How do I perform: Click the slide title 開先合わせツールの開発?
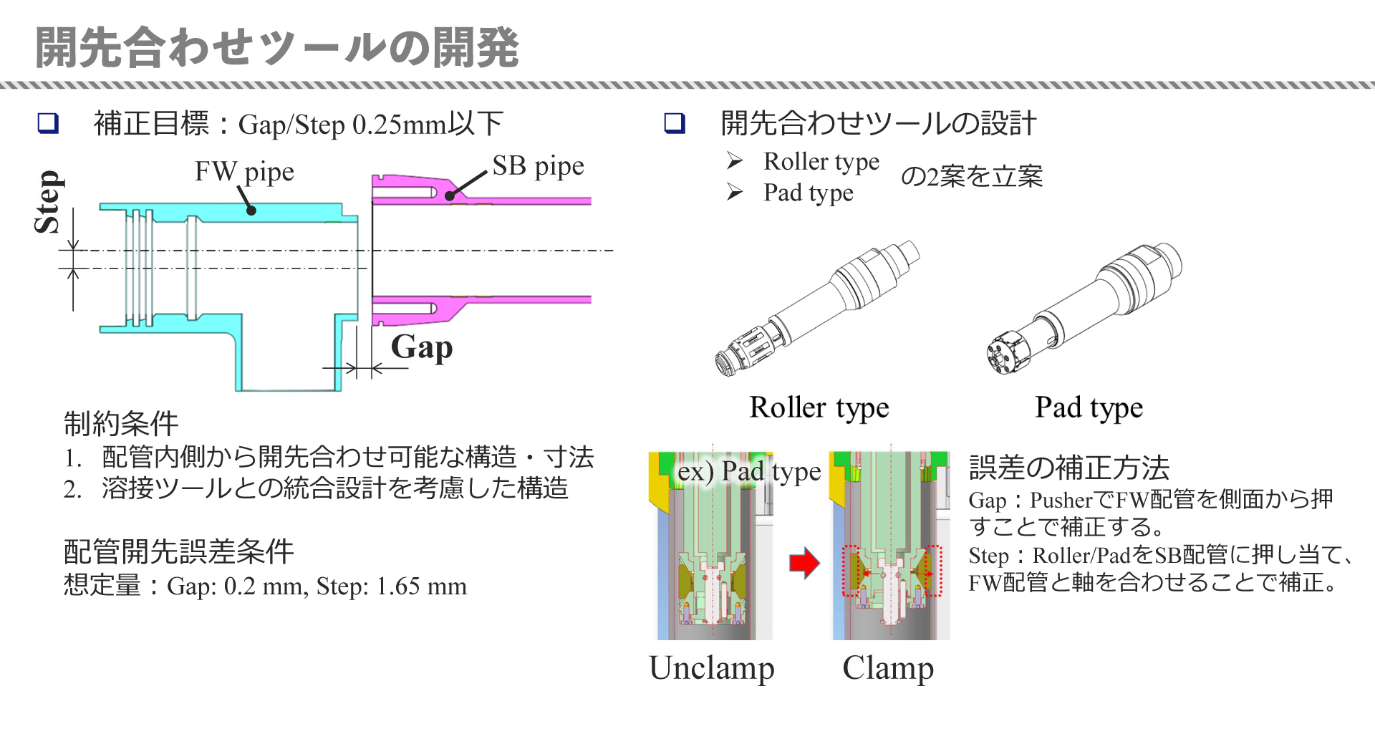(276, 47)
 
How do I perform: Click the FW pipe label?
(244, 172)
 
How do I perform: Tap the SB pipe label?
(538, 166)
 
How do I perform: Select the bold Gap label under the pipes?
(422, 347)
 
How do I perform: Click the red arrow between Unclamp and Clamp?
(804, 563)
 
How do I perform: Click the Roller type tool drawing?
(816, 308)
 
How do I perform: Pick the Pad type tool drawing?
(1084, 308)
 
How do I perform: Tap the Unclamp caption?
(712, 668)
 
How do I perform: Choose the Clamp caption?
(888, 668)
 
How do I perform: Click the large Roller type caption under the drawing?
(819, 407)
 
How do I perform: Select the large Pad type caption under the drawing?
(1089, 407)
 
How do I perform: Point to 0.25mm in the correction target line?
(399, 125)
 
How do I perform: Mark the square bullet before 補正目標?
(48, 123)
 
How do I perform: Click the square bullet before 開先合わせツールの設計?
(675, 123)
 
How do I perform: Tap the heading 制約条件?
(121, 423)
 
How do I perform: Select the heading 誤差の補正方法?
(1068, 468)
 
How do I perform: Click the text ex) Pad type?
(749, 472)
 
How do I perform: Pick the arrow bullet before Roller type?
(735, 160)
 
